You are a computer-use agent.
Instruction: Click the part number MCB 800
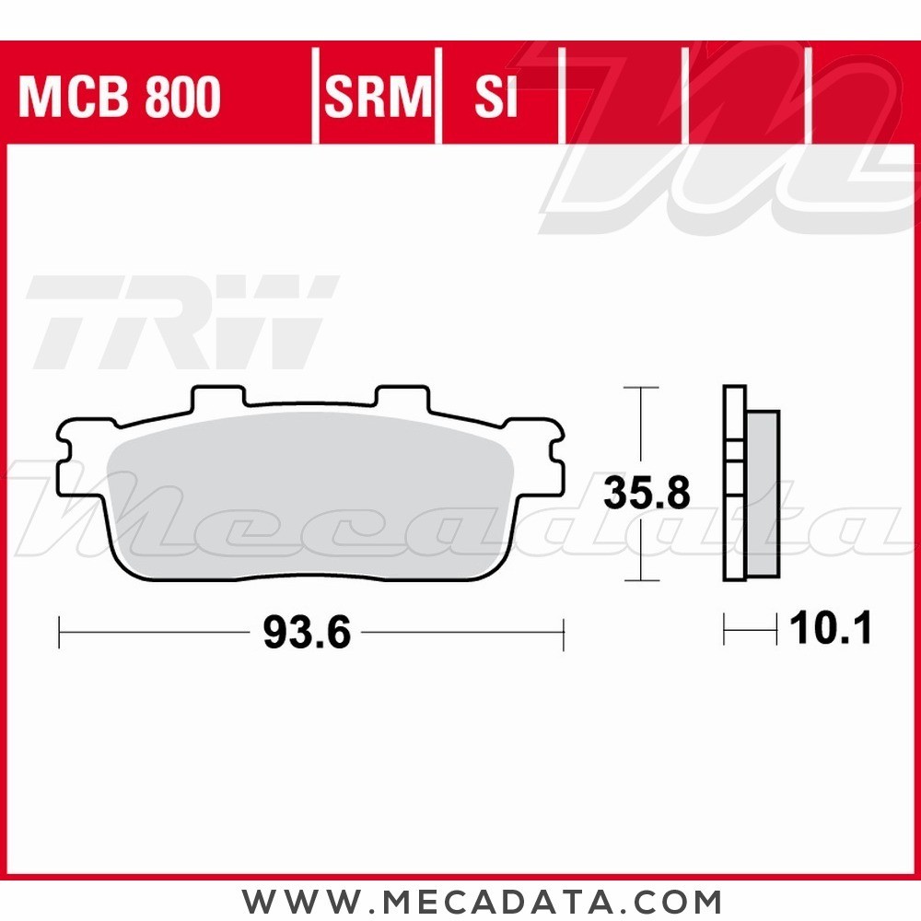[120, 98]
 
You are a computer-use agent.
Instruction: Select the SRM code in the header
[378, 98]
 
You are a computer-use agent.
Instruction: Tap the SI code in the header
[496, 98]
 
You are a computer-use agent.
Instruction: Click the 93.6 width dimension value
[307, 633]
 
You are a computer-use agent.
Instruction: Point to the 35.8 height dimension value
[647, 495]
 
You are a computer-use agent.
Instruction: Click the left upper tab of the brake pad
[218, 398]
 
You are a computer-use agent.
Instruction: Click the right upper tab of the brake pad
[402, 398]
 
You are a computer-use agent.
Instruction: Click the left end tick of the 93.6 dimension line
[59, 633]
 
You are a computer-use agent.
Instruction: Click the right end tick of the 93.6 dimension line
[563, 633]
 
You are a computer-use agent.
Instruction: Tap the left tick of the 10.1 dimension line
[725, 631]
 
